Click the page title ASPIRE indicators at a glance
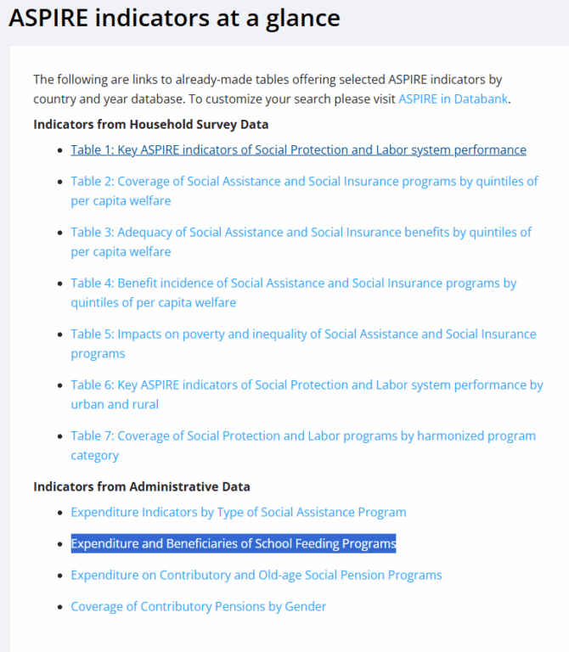(x=174, y=18)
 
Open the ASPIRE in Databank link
(x=453, y=99)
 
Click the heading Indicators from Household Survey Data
(x=150, y=125)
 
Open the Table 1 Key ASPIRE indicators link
(x=298, y=150)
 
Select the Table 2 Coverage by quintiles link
(x=304, y=182)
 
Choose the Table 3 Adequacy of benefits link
(x=301, y=233)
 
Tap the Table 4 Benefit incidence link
(x=294, y=284)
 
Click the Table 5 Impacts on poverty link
(x=303, y=334)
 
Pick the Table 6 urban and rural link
(x=307, y=385)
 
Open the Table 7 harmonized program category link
(x=303, y=436)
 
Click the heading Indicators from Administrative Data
(x=142, y=486)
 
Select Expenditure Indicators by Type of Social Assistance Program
(x=239, y=513)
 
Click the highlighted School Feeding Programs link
(x=234, y=543)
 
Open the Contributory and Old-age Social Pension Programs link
(x=256, y=576)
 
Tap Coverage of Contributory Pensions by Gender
(x=199, y=607)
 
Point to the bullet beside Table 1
(x=59, y=151)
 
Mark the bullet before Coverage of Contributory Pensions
(x=59, y=608)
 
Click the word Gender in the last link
(x=306, y=607)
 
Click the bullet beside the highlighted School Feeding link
(x=59, y=544)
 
